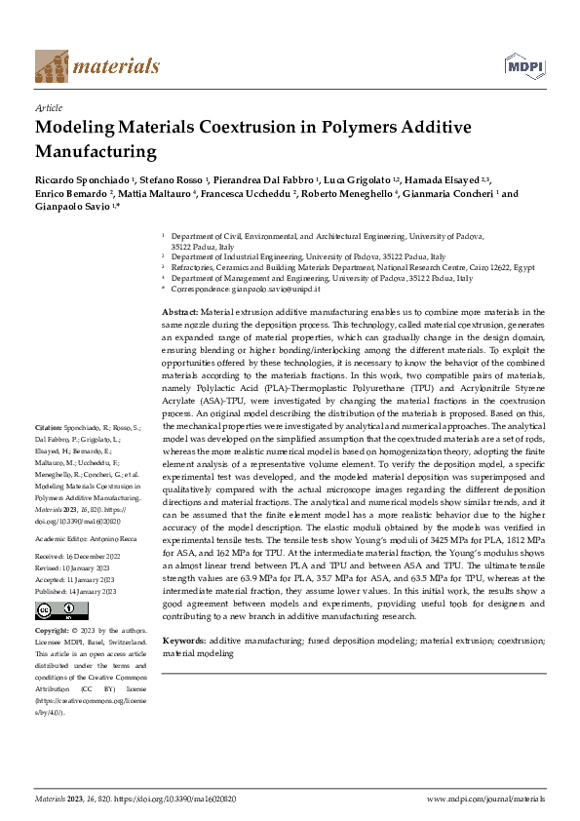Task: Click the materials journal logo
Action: coord(97,66)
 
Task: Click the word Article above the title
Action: coord(48,109)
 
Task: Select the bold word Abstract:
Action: coord(179,311)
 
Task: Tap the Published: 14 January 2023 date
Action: coord(75,591)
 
